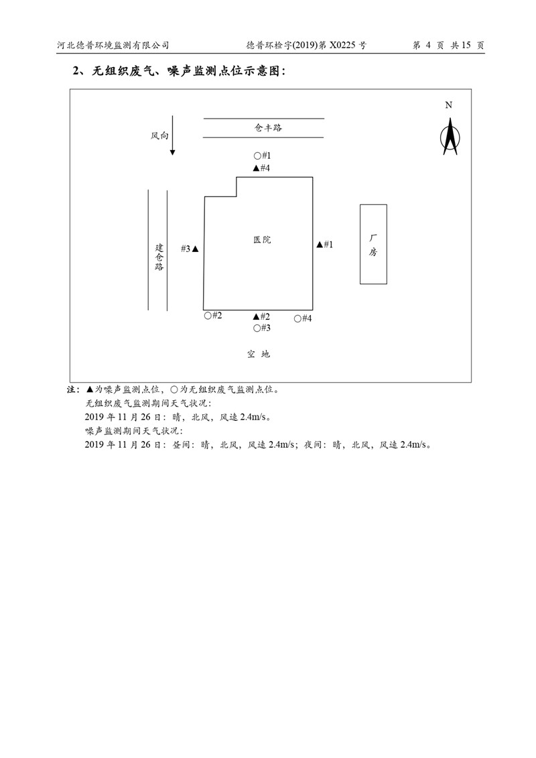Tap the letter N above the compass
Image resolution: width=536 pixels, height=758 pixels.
point(449,105)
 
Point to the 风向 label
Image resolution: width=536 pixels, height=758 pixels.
point(159,135)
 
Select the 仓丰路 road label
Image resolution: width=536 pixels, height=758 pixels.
point(263,127)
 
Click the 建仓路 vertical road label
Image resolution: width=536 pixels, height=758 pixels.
point(159,256)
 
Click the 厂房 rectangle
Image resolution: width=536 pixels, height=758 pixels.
point(373,244)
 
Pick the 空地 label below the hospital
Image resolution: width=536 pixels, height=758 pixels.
point(258,354)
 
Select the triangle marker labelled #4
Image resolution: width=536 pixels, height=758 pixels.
point(256,168)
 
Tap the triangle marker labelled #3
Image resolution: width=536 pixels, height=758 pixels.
point(195,249)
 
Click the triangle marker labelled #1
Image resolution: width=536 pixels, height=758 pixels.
point(320,245)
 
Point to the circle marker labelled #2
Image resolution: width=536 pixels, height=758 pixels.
point(208,316)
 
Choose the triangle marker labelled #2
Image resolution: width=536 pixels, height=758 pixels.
point(256,316)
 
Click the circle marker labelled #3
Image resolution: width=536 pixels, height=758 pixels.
point(257,328)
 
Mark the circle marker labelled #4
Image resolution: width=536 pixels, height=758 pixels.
point(297,318)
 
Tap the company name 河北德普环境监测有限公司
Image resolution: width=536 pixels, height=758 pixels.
point(113,46)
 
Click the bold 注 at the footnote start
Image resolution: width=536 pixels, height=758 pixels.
point(72,389)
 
